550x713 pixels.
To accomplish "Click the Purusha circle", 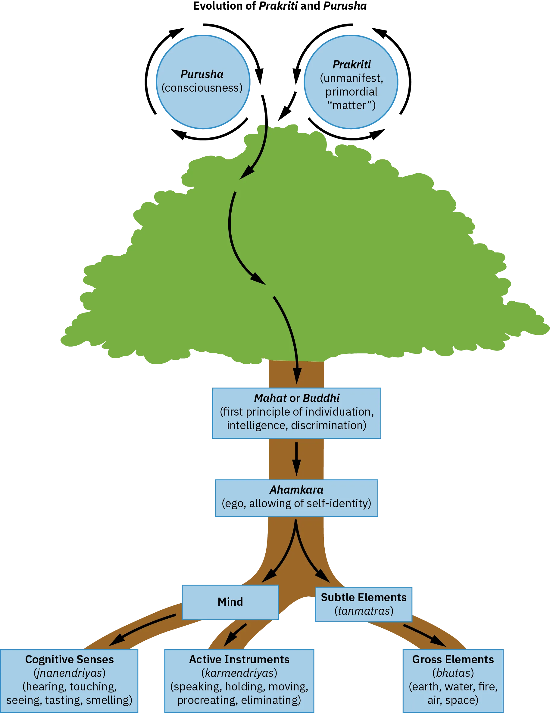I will (203, 82).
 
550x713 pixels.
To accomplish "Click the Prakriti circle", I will (351, 82).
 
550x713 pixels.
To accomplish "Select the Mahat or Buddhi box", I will (297, 412).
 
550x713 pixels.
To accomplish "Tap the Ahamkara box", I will (296, 498).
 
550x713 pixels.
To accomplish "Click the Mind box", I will (230, 602).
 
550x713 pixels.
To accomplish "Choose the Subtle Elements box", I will (364, 604).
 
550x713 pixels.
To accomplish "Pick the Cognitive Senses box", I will (70, 680).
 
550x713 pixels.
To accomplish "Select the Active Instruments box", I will (239, 680).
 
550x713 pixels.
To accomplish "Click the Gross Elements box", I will (453, 680).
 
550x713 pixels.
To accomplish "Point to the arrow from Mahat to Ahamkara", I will (296, 459).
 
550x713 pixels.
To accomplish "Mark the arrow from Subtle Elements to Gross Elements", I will (424, 635).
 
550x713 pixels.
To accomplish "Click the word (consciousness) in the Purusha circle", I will (202, 88).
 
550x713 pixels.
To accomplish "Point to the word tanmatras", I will (366, 611).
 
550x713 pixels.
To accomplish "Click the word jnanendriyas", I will (70, 673).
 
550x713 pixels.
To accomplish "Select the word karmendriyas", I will (239, 673).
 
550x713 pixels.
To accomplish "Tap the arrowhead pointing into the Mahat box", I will (297, 377).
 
